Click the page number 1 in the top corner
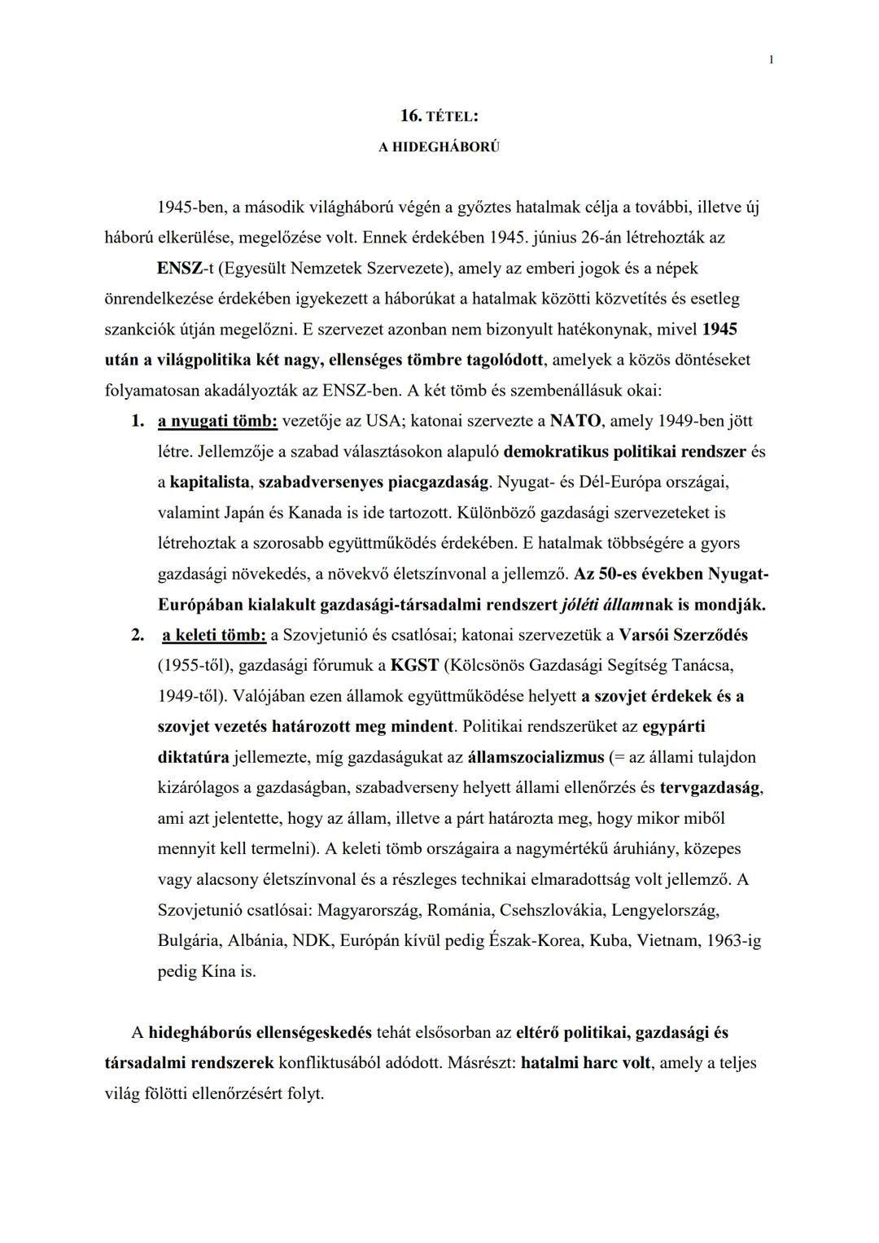pos(771,59)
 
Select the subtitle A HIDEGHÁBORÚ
pos(439,147)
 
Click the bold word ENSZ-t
pos(186,268)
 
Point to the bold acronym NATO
pos(575,421)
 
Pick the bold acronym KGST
pos(414,665)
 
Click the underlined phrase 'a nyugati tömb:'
pos(218,421)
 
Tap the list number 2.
pos(138,635)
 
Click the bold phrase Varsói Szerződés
pos(683,635)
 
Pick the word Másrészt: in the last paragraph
pos(481,1062)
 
